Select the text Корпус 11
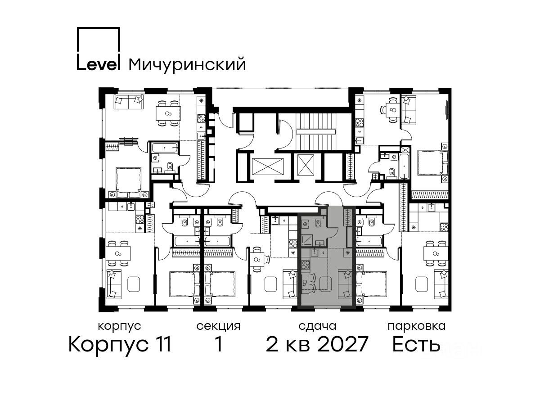pyautogui.click(x=120, y=345)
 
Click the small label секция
pyautogui.click(x=218, y=326)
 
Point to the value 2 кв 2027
pyautogui.click(x=317, y=344)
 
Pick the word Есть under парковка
pyautogui.click(x=416, y=344)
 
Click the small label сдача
pyautogui.click(x=317, y=326)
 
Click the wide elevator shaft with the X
pyautogui.click(x=267, y=166)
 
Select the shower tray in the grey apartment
pyautogui.click(x=307, y=240)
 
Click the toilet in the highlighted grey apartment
pyautogui.click(x=318, y=223)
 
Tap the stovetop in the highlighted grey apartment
pyautogui.click(x=305, y=265)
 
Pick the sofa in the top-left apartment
pyautogui.click(x=128, y=102)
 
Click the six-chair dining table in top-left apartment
pyautogui.click(x=168, y=113)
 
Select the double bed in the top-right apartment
pyautogui.click(x=433, y=163)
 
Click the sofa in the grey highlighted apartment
pyautogui.click(x=345, y=284)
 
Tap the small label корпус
pyautogui.click(x=120, y=327)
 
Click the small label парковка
pyautogui.click(x=417, y=326)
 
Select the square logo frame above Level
pyautogui.click(x=99, y=27)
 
